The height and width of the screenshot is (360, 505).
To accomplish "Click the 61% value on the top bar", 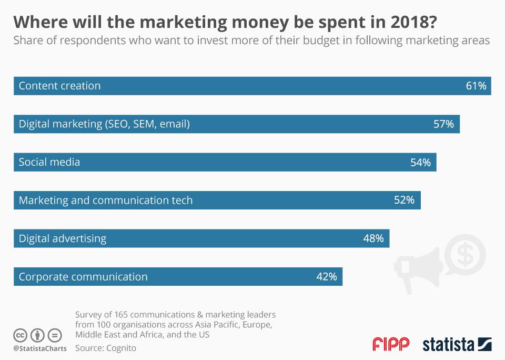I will tap(476, 86).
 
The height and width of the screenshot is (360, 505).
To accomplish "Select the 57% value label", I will tap(443, 124).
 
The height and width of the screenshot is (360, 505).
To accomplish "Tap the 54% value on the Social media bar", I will tap(420, 163).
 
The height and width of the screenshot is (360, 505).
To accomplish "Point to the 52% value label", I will tap(404, 200).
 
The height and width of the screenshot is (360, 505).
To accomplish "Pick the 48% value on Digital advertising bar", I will tap(373, 238).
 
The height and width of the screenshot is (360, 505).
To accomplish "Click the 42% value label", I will tap(326, 276).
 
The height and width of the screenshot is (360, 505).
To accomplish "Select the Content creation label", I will tap(59, 86).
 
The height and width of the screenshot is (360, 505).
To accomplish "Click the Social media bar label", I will tap(49, 162).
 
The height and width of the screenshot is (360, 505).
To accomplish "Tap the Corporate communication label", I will tap(83, 276).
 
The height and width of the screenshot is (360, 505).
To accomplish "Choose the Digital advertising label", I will tap(63, 238).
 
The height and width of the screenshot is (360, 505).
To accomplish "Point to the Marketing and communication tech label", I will tap(106, 200).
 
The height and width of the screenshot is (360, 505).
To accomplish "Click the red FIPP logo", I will tap(390, 345).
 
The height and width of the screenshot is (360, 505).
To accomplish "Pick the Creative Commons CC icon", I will tap(21, 335).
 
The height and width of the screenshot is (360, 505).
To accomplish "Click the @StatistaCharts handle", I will tap(39, 348).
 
